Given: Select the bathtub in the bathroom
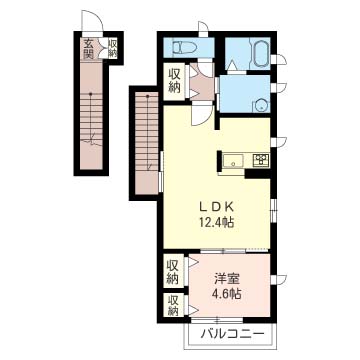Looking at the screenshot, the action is coord(261,54).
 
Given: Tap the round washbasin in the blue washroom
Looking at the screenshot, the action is coord(261,107).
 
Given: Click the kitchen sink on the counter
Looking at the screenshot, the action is coord(233,161).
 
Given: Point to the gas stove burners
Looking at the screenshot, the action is coord(261,160).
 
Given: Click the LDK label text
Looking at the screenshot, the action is coord(216,207).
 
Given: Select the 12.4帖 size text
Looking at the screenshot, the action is coord(216,221).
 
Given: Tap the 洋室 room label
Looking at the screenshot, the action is coord(226,279).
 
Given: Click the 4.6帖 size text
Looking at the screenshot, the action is coord(227,293).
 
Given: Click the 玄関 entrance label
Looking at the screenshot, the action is coord(88,48).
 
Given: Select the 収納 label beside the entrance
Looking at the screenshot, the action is coord(113,49).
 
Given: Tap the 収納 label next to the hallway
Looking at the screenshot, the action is coord(174,81).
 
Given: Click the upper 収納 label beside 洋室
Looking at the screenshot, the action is coord(173,272).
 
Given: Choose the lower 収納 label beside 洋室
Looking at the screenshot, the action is coord(173,305).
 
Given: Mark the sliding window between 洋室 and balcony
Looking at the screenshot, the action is coord(217,320).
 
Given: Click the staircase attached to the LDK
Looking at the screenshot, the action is coord(147,144).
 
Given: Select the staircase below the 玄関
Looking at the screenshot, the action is coord(91,117).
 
